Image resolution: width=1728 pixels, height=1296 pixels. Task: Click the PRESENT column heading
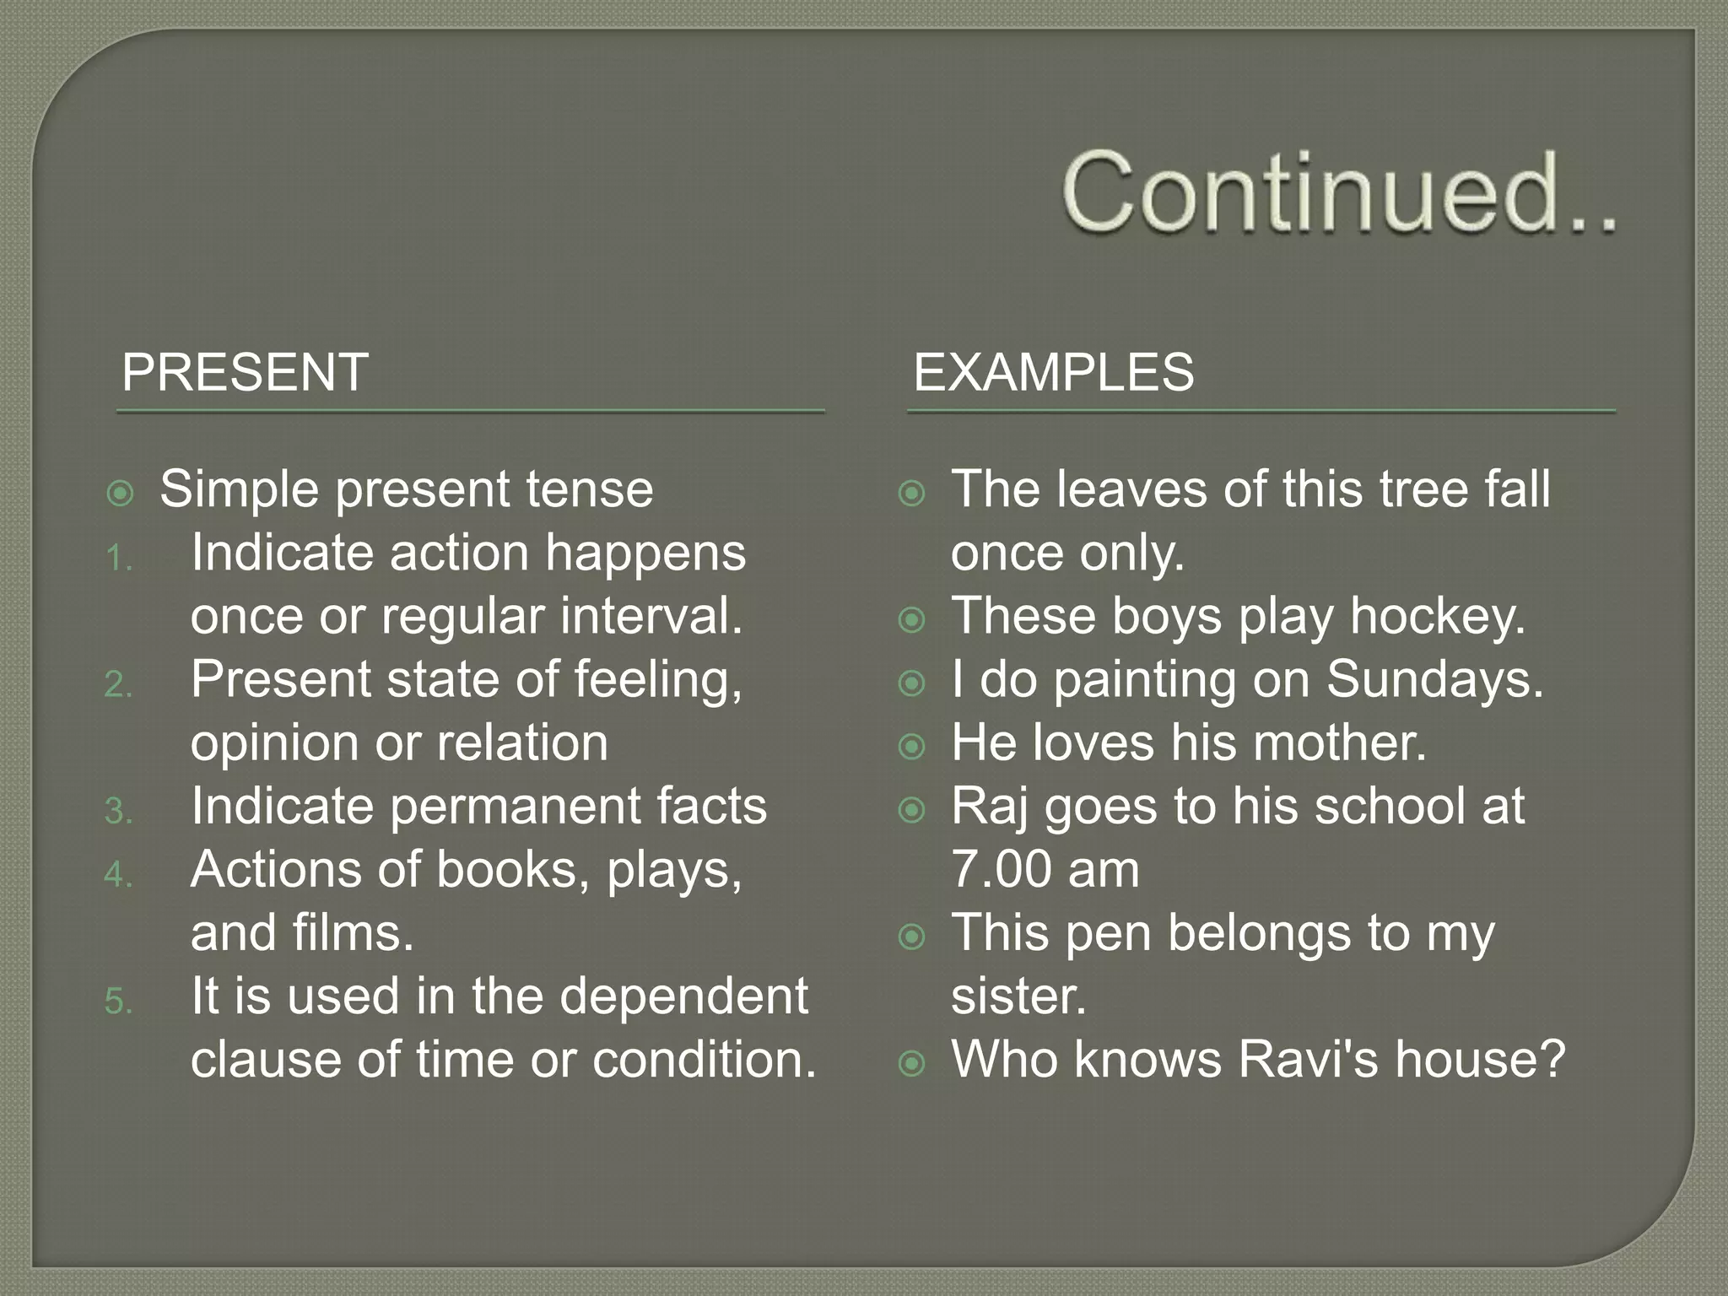245,372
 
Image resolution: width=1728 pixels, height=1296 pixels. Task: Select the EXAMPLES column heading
1053,372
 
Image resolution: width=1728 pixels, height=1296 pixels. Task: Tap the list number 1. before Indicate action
119,559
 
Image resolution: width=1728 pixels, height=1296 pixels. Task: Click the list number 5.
119,1002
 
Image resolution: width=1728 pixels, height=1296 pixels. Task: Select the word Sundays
1434,679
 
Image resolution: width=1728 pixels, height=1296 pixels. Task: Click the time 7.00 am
1045,869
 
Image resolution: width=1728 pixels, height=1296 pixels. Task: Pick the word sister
1018,996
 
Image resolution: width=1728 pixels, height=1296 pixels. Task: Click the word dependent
683,996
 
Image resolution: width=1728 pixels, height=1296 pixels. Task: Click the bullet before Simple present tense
121,494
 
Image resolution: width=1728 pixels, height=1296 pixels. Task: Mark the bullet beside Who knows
912,1063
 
